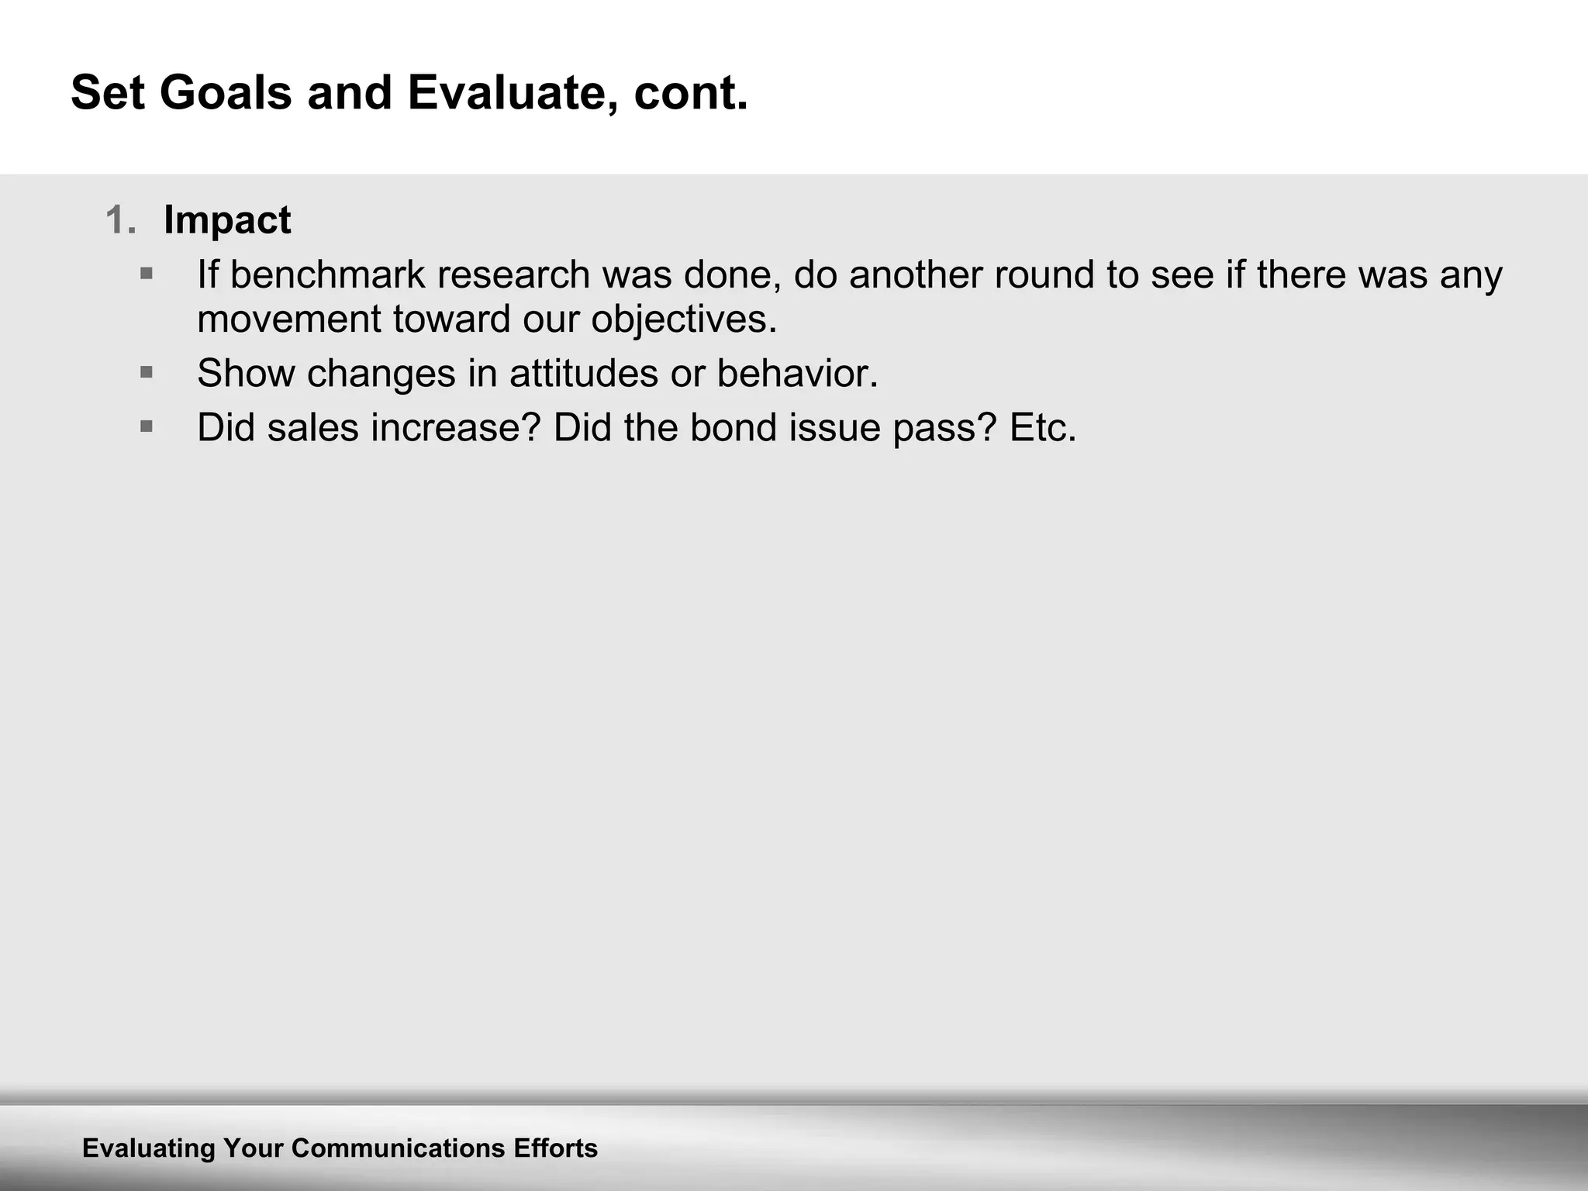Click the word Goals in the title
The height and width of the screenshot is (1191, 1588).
point(226,93)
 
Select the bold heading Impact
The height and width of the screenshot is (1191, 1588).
point(227,220)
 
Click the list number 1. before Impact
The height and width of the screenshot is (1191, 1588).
point(121,220)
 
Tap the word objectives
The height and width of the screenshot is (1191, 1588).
point(683,319)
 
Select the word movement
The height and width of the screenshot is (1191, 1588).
point(289,319)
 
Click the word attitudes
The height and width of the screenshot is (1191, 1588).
point(584,374)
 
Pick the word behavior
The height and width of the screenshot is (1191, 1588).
point(797,374)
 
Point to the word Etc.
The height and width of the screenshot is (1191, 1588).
point(1043,428)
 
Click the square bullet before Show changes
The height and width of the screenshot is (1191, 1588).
point(147,373)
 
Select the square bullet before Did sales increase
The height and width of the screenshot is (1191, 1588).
point(147,426)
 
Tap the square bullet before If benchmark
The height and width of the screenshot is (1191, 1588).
point(147,274)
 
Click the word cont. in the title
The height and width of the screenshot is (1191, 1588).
point(690,93)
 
